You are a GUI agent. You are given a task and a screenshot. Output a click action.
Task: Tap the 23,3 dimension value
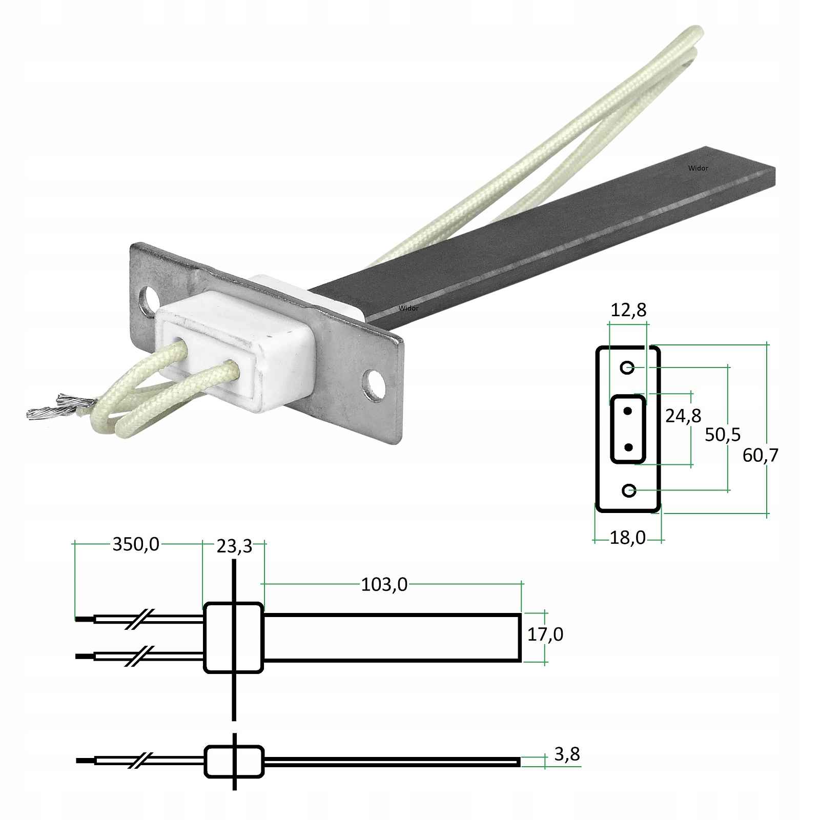pyautogui.click(x=235, y=546)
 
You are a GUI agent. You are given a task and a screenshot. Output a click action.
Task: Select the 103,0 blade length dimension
pyautogui.click(x=384, y=585)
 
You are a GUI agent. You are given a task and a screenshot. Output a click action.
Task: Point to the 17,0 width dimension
pyautogui.click(x=545, y=634)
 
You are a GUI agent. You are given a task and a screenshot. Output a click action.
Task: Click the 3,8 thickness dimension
pyautogui.click(x=567, y=754)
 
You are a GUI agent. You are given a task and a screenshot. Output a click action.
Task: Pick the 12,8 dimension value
pyautogui.click(x=628, y=310)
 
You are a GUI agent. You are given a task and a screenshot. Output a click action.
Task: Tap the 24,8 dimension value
pyautogui.click(x=683, y=416)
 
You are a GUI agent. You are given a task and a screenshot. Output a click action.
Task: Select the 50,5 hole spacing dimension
pyautogui.click(x=723, y=435)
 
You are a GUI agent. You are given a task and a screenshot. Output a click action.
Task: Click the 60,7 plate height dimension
pyautogui.click(x=761, y=455)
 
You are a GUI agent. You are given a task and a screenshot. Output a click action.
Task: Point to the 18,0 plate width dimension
pyautogui.click(x=628, y=538)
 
